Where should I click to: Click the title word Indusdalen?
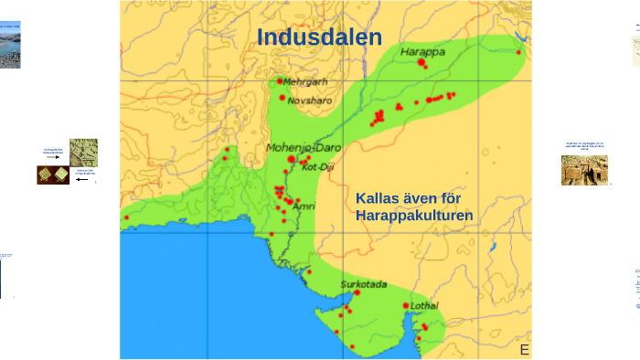(x=319, y=37)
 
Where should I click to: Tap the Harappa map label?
(x=422, y=52)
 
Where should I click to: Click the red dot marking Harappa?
(x=421, y=63)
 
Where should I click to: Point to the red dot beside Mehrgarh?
(x=281, y=81)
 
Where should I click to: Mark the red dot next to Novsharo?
(x=283, y=97)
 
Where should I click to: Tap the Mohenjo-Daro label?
(x=304, y=146)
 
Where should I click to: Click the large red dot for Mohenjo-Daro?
(x=292, y=159)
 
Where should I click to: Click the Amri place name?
(x=304, y=206)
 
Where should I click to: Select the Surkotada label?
(x=363, y=284)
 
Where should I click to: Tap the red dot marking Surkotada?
(x=357, y=293)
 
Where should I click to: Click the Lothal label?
(x=425, y=305)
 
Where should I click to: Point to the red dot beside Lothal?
(x=406, y=306)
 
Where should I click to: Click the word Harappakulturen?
(x=414, y=216)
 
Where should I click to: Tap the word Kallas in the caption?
(x=376, y=198)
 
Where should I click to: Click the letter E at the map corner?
(x=525, y=350)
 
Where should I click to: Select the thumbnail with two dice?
(x=53, y=175)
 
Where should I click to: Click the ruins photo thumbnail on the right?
(x=584, y=170)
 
